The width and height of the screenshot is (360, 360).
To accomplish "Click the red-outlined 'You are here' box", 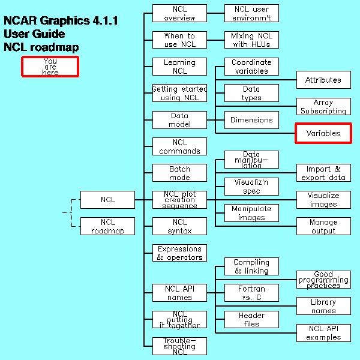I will tap(50, 67).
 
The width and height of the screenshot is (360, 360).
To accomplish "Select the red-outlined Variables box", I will tap(323, 133).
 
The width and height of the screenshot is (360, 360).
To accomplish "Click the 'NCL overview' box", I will tap(179, 13).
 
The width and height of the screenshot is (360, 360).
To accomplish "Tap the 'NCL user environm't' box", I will tap(251, 13).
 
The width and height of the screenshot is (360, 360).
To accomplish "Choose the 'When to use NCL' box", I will tap(179, 40).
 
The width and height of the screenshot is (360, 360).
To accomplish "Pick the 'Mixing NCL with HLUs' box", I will tap(251, 40).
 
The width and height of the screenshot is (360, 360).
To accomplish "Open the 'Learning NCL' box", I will tap(179, 67).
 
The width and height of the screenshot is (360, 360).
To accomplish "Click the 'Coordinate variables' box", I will tap(251, 67).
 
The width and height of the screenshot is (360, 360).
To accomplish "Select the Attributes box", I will tap(323, 80).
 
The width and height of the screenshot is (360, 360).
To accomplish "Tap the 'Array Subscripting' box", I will tap(323, 107).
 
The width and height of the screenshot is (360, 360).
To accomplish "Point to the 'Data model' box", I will tap(179, 120).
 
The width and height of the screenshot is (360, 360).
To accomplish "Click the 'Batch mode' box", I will tap(179, 173).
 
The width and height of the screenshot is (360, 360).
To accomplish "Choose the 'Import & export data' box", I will tap(323, 173).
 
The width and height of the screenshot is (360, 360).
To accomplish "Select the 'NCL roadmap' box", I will tap(107, 226).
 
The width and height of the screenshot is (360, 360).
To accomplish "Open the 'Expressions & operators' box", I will tap(179, 253).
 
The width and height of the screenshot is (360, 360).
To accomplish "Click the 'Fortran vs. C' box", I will tap(251, 293).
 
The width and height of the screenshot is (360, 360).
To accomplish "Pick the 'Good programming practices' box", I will tap(323, 280).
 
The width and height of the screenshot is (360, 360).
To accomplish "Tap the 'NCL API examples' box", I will tap(323, 333).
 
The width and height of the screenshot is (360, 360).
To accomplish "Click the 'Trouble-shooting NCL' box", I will tap(179, 346).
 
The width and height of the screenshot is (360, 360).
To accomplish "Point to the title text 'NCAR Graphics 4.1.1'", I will tap(61, 21).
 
